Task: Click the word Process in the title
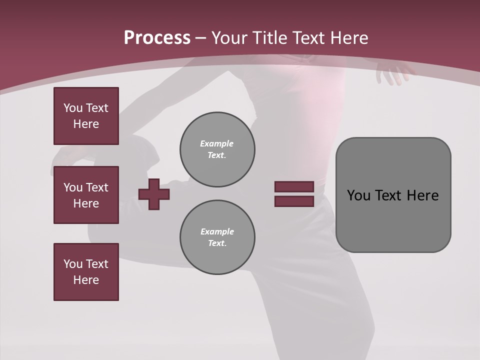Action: [x=157, y=38]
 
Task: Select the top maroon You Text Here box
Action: [x=86, y=116]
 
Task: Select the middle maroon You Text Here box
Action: [x=86, y=195]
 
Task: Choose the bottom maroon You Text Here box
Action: [x=86, y=272]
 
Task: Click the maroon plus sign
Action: [x=154, y=194]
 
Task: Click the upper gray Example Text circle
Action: [x=217, y=149]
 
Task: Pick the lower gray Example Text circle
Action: [x=217, y=237]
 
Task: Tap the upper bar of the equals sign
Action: [x=294, y=186]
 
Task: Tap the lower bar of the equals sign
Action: [x=294, y=201]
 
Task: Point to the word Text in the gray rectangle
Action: [x=390, y=195]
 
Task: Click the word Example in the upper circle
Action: [x=217, y=143]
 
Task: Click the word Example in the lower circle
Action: [x=217, y=231]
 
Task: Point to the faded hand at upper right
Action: [x=394, y=72]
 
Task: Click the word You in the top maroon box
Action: [x=73, y=108]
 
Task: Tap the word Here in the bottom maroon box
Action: [x=86, y=280]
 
